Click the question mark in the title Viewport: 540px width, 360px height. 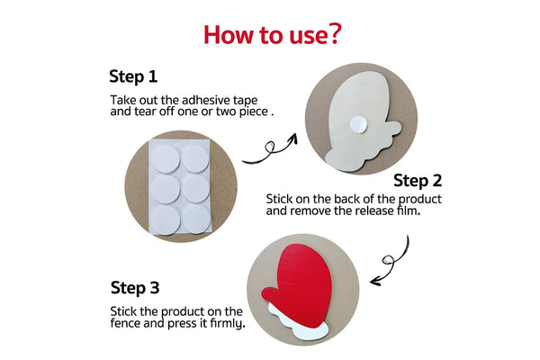tap(333, 33)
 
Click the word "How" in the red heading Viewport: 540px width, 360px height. tap(229, 35)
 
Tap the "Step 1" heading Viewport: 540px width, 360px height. tap(133, 76)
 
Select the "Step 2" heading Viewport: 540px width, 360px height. tap(418, 181)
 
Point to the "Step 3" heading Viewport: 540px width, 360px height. tap(135, 288)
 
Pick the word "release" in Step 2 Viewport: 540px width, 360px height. tap(375, 211)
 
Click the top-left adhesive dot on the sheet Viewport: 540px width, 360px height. tap(166, 158)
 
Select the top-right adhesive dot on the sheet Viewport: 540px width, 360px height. tap(195, 158)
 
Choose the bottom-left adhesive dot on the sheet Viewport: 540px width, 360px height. tap(166, 220)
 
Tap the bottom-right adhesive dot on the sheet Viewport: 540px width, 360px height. tap(196, 220)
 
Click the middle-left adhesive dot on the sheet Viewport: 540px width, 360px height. tap(166, 189)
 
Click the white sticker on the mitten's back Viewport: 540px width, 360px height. tap(358, 124)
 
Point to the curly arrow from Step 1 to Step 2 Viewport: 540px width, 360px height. tap(272, 150)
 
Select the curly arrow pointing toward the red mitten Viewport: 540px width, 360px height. tap(391, 263)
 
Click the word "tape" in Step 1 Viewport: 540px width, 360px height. tap(245, 101)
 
